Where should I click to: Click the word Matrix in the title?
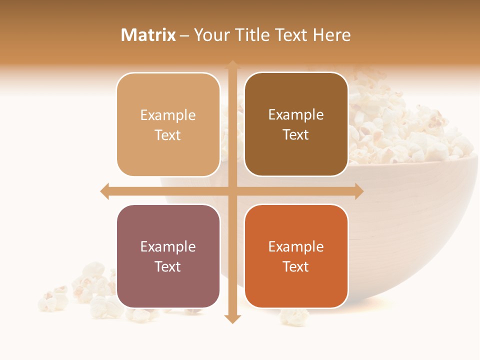point(148,35)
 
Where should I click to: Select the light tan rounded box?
point(168,124)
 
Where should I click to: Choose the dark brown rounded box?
point(296,124)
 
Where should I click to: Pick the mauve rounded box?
point(168,256)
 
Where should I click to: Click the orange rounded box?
point(296,256)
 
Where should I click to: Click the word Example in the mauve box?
point(168,246)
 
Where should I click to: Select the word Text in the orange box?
point(296,266)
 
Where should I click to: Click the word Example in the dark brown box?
point(296,114)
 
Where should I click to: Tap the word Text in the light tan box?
point(168,135)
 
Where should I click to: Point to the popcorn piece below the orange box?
point(294,316)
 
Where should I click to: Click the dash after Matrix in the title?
point(184,35)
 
